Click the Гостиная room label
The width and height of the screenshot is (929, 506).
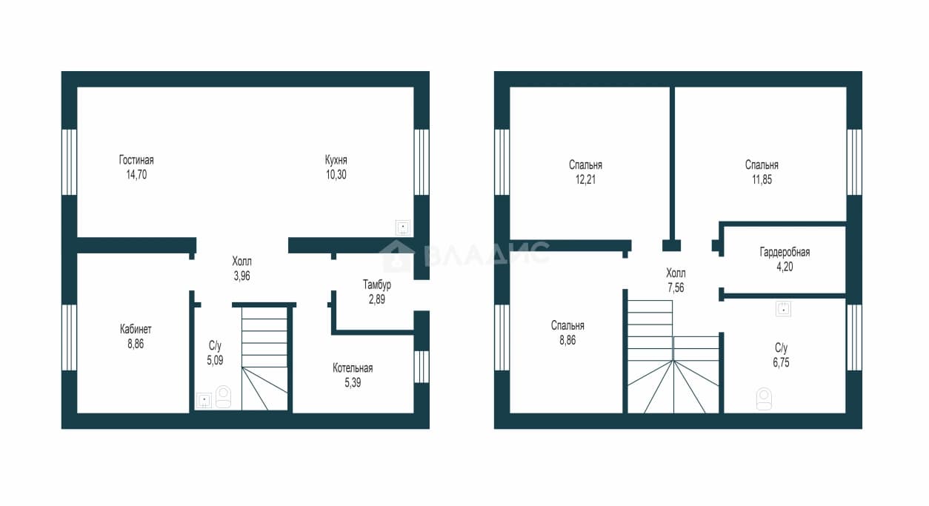point(136,160)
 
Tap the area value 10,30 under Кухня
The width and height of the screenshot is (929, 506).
point(336,175)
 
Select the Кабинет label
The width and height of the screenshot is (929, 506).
point(136,330)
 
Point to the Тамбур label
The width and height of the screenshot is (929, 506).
point(376,284)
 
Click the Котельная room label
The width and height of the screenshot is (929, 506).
point(353,368)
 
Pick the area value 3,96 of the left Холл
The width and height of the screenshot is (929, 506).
point(242,276)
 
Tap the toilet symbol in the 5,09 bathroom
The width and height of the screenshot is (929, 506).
point(223,397)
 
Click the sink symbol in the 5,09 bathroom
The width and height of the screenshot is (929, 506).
point(204,400)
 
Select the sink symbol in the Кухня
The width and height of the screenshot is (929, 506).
point(403,227)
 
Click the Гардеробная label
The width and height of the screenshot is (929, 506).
point(785,252)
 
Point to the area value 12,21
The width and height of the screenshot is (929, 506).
point(585,179)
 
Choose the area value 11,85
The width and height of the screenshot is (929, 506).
point(762,179)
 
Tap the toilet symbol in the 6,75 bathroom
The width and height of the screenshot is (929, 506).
point(764,399)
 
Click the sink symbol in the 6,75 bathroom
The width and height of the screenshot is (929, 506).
point(784,310)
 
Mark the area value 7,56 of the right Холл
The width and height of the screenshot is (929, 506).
point(676,288)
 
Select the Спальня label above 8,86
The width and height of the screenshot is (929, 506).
point(567,325)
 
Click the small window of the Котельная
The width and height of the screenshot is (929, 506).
point(422,367)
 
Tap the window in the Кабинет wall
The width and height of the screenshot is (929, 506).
point(69,337)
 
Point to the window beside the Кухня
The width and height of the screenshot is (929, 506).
point(422,162)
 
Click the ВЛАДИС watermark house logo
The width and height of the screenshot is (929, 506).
point(397,256)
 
